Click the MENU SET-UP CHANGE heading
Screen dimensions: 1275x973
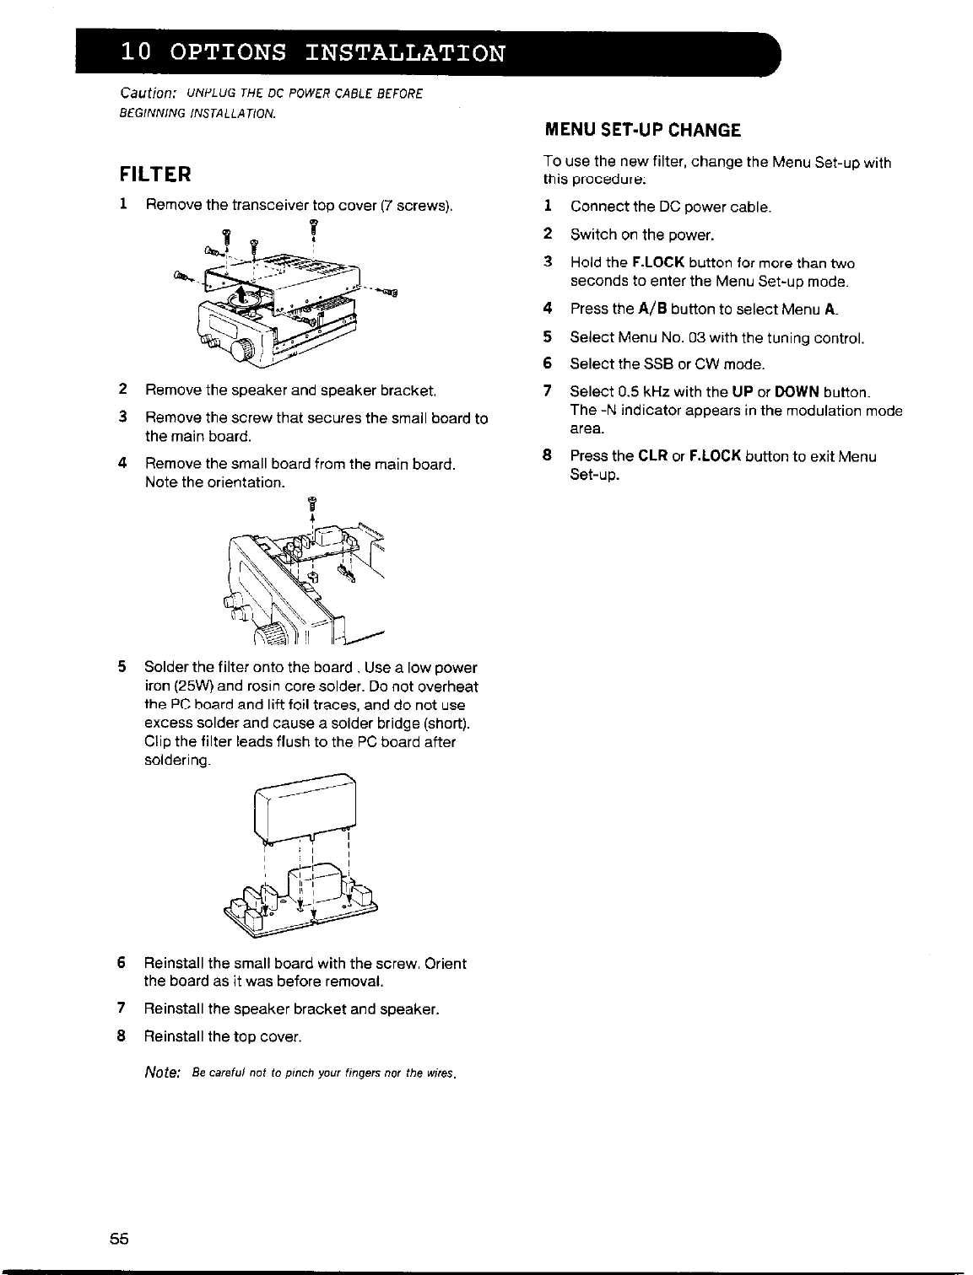point(641,130)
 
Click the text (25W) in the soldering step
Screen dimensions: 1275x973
point(194,686)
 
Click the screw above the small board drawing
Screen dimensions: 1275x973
point(311,506)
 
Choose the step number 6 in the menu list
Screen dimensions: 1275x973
point(547,364)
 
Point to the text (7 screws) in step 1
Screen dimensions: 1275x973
point(417,205)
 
